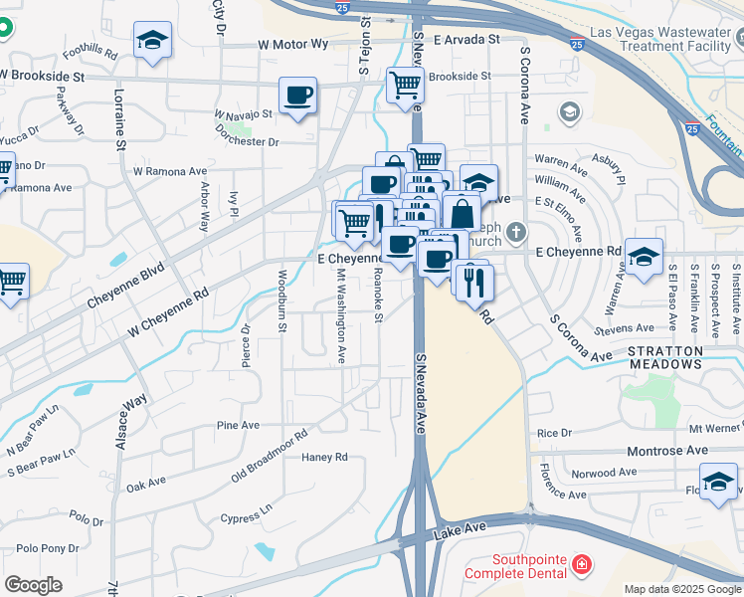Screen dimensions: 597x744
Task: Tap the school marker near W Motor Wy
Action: pos(151,42)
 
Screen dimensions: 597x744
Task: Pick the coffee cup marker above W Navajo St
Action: pos(298,97)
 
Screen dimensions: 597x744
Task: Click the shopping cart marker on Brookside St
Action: pos(405,87)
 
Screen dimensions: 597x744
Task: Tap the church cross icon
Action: pos(514,233)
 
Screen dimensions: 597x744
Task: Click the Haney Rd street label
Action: pos(324,458)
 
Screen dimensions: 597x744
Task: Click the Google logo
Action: pos(33,585)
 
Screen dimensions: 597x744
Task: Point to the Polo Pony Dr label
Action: pos(47,548)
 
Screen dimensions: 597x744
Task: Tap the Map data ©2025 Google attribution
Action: pos(681,589)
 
